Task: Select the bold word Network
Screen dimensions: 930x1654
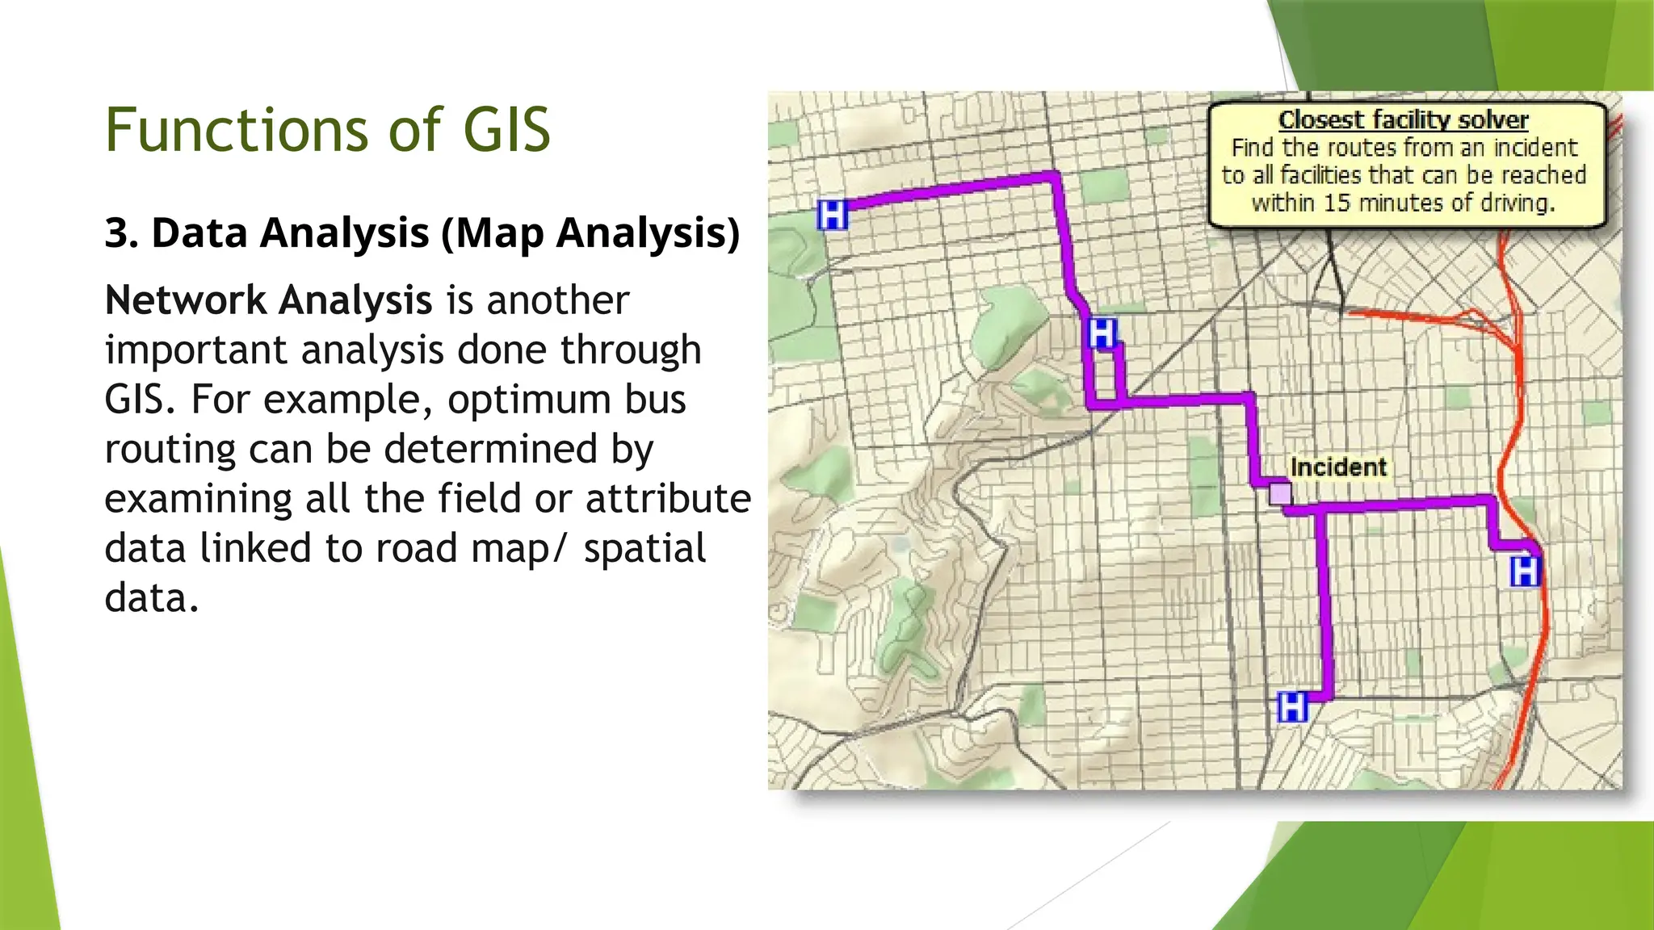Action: click(186, 300)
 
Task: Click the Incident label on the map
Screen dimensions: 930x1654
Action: click(1337, 467)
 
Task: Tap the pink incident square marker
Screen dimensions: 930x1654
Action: click(1280, 493)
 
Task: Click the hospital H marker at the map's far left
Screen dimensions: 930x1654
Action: click(833, 215)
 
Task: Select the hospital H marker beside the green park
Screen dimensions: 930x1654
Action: click(1102, 333)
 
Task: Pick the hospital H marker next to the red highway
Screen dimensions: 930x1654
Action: click(1525, 572)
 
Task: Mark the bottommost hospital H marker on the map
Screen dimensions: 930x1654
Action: click(1292, 707)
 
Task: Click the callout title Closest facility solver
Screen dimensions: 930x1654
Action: click(1404, 120)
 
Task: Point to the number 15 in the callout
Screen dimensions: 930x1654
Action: click(1337, 203)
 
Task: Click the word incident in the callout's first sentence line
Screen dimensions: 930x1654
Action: click(1534, 148)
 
